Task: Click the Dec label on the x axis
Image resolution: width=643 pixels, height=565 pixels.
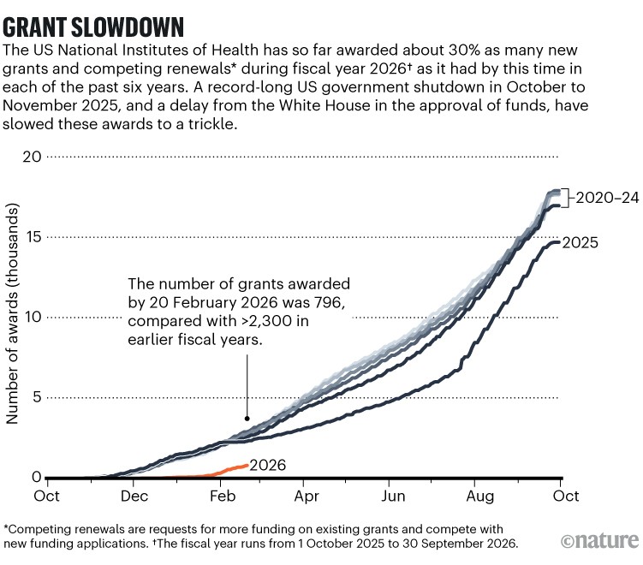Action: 134,496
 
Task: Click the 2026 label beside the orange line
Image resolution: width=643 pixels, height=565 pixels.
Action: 268,466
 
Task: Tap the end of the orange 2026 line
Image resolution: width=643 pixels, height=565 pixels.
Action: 248,465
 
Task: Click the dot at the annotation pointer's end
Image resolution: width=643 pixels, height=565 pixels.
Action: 247,419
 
